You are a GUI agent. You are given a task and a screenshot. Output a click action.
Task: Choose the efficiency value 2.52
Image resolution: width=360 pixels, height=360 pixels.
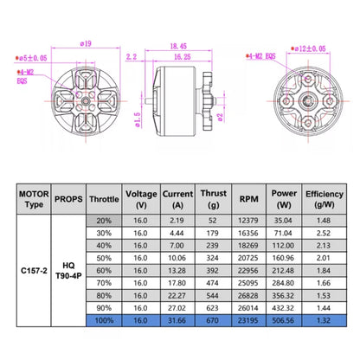[325, 233]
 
